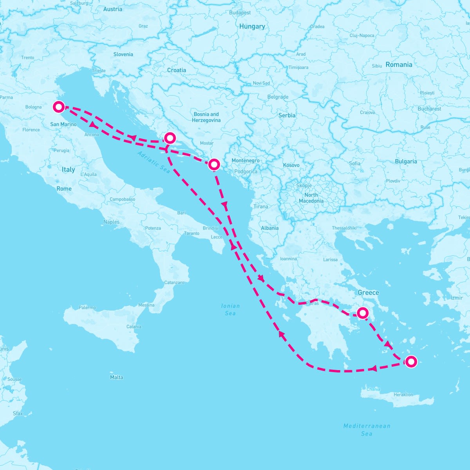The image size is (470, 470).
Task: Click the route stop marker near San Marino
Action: (x=59, y=107)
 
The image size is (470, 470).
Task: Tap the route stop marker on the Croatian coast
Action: (x=170, y=138)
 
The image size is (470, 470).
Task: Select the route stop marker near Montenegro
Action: (x=214, y=164)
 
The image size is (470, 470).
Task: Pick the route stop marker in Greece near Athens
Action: (x=363, y=313)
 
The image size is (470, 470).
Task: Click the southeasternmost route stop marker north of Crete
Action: (x=410, y=362)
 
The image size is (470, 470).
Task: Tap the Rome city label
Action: (x=64, y=189)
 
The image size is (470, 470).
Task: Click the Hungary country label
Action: (x=252, y=27)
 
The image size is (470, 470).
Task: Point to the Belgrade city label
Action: (x=278, y=97)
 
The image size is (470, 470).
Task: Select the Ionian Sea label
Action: (x=230, y=309)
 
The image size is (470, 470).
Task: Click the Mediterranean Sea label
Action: (x=367, y=430)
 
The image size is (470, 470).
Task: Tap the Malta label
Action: (x=116, y=378)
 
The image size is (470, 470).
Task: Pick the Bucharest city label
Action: (x=429, y=109)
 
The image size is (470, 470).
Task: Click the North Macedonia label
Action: (x=311, y=198)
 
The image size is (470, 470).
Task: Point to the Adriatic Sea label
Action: (x=154, y=162)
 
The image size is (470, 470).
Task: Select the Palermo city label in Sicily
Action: (x=87, y=307)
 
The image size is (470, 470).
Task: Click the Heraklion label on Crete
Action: (x=403, y=395)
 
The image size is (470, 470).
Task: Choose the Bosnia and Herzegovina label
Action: (x=206, y=117)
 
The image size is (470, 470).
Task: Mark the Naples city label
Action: (x=111, y=222)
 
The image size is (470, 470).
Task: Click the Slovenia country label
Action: (x=123, y=54)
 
